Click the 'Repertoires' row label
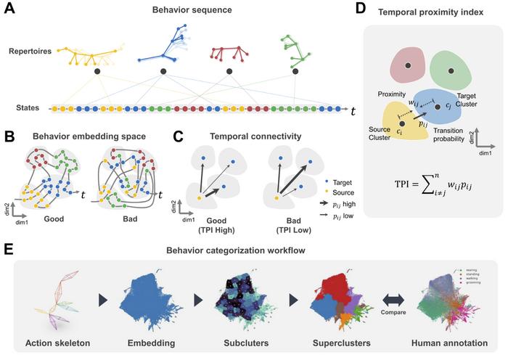(31, 53)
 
